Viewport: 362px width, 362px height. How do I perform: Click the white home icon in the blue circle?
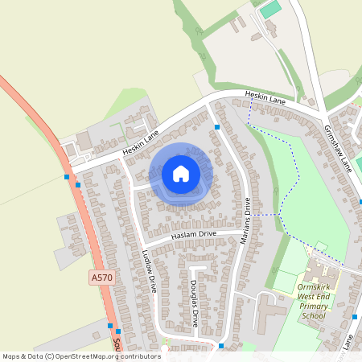coord(181,173)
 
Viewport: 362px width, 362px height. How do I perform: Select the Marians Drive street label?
coord(245,218)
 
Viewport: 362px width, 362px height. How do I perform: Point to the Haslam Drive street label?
coord(194,235)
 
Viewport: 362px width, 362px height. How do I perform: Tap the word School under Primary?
coord(314,316)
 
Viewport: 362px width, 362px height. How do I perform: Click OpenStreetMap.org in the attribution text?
coord(89,356)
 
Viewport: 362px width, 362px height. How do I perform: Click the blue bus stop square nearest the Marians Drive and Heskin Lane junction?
coord(217,127)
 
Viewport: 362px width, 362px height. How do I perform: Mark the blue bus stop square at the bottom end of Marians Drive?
coord(220,346)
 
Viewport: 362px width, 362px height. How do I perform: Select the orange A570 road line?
coord(88,233)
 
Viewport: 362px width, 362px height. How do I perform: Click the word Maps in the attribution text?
coord(12,356)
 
